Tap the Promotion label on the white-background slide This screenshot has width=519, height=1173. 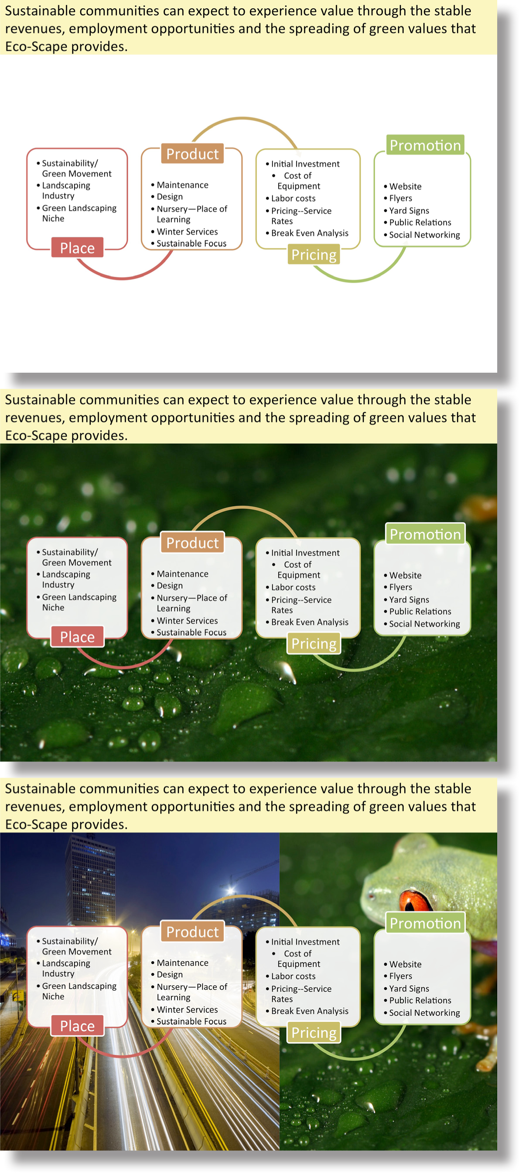[425, 145]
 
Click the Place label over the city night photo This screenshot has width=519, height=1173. [78, 1026]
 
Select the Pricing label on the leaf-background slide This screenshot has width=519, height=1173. [314, 643]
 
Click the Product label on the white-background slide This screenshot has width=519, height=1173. [192, 154]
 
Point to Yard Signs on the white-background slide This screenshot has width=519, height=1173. [409, 211]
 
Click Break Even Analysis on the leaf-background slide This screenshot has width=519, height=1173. [310, 622]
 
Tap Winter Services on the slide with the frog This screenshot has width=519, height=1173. [187, 1009]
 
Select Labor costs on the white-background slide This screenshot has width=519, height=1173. [294, 198]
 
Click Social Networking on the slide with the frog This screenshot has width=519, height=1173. [425, 1012]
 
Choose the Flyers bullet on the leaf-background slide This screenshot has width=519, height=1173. [400, 587]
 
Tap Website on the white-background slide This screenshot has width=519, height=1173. [406, 186]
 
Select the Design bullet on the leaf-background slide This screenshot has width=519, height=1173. [170, 585]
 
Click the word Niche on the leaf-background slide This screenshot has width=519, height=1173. [53, 608]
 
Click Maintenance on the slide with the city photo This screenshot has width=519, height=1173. [182, 962]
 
